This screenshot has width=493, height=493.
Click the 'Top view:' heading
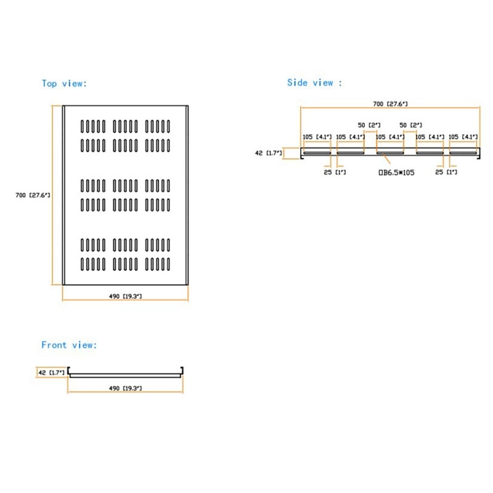click(65, 83)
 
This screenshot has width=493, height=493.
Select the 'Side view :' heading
click(314, 83)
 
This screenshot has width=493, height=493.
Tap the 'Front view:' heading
click(69, 345)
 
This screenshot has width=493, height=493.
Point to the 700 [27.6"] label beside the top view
click(33, 195)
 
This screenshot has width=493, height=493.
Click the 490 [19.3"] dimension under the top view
click(126, 296)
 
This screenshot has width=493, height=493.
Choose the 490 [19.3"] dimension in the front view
click(126, 388)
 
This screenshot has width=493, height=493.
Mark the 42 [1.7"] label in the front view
click(51, 372)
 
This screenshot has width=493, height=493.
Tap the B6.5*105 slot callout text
click(396, 173)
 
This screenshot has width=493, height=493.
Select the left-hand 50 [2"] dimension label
click(370, 124)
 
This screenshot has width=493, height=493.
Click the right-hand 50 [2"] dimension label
click(410, 124)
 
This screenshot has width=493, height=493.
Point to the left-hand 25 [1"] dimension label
click(335, 172)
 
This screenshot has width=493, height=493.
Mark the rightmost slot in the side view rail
click(463, 152)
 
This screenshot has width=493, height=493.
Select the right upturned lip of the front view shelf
click(183, 370)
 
